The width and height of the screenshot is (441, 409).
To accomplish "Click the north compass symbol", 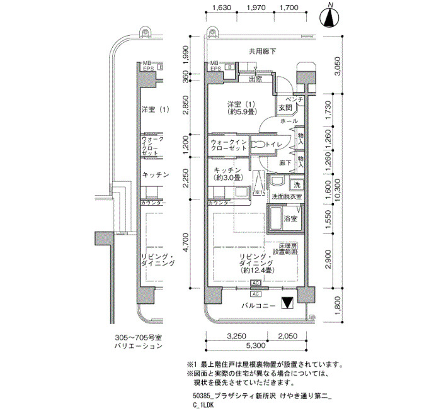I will pos(329,18).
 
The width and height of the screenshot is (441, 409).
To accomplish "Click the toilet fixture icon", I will pos(259,145).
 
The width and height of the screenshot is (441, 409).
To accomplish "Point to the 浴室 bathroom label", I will pos(290,219).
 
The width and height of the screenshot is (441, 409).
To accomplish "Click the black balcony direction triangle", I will pos(287,303).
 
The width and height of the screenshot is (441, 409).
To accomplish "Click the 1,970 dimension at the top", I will pos(255,8).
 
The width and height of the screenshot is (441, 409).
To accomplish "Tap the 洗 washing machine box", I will pos(295,185).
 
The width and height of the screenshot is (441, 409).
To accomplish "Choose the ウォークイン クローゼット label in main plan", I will pos(229,146).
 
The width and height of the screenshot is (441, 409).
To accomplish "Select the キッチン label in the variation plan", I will pos(154,174).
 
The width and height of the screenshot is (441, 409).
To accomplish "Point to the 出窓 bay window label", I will pos(255,79).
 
